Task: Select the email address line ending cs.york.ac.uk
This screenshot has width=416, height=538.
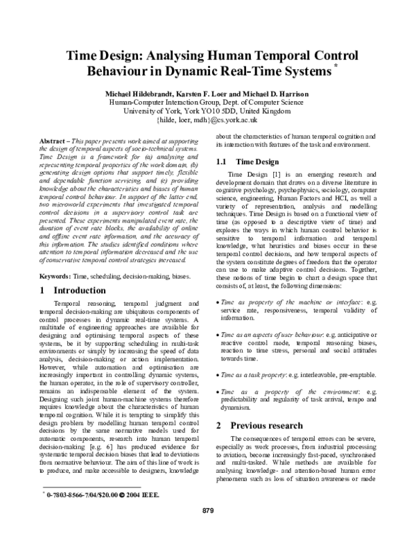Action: click(207, 119)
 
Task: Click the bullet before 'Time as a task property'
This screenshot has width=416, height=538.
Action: click(218, 354)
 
